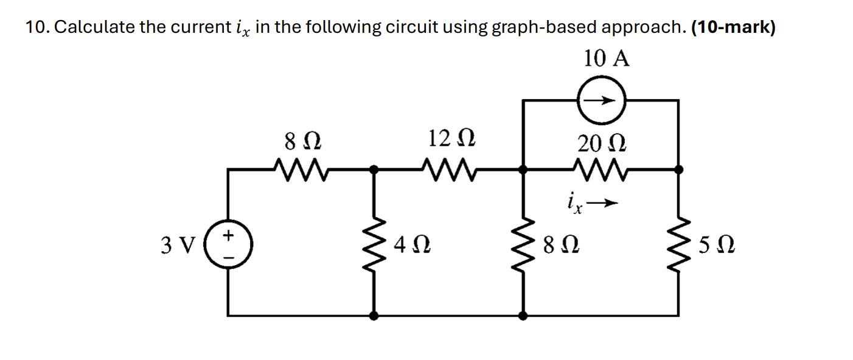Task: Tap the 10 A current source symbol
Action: point(602,101)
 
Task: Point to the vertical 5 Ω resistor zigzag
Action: point(679,244)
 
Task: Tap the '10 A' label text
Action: point(607,59)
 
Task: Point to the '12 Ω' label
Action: point(451,139)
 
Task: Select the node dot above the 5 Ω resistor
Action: point(679,171)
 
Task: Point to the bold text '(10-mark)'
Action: point(733,28)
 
